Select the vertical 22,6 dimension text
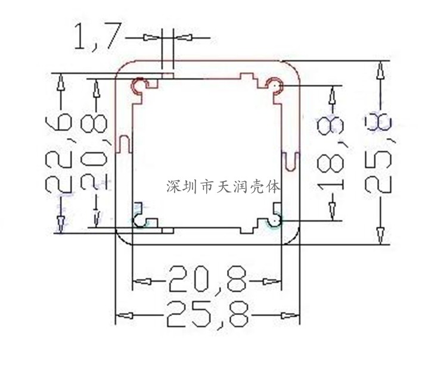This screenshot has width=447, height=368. tap(60, 154)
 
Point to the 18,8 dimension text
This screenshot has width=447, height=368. tap(331, 154)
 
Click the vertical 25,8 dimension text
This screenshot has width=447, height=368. tap(378, 154)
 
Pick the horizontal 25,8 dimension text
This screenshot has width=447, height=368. tap(206, 314)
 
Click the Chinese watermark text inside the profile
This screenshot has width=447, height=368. tap(223, 186)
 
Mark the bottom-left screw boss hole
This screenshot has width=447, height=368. tap(141, 220)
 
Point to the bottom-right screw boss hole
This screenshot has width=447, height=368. tap(274, 220)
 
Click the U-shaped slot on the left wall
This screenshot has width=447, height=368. tap(123, 144)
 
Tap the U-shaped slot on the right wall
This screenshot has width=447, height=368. tap(290, 160)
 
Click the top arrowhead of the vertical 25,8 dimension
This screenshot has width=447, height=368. tap(378, 70)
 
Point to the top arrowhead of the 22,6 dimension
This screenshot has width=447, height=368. tap(60, 83)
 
